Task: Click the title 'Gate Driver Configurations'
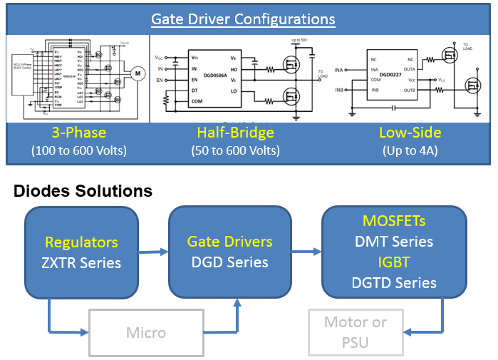(249, 19)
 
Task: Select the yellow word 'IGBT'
(394, 262)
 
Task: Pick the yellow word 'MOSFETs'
(394, 221)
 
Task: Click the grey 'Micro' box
(146, 332)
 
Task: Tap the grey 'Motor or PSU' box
(356, 332)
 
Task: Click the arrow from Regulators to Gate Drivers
(152, 251)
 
